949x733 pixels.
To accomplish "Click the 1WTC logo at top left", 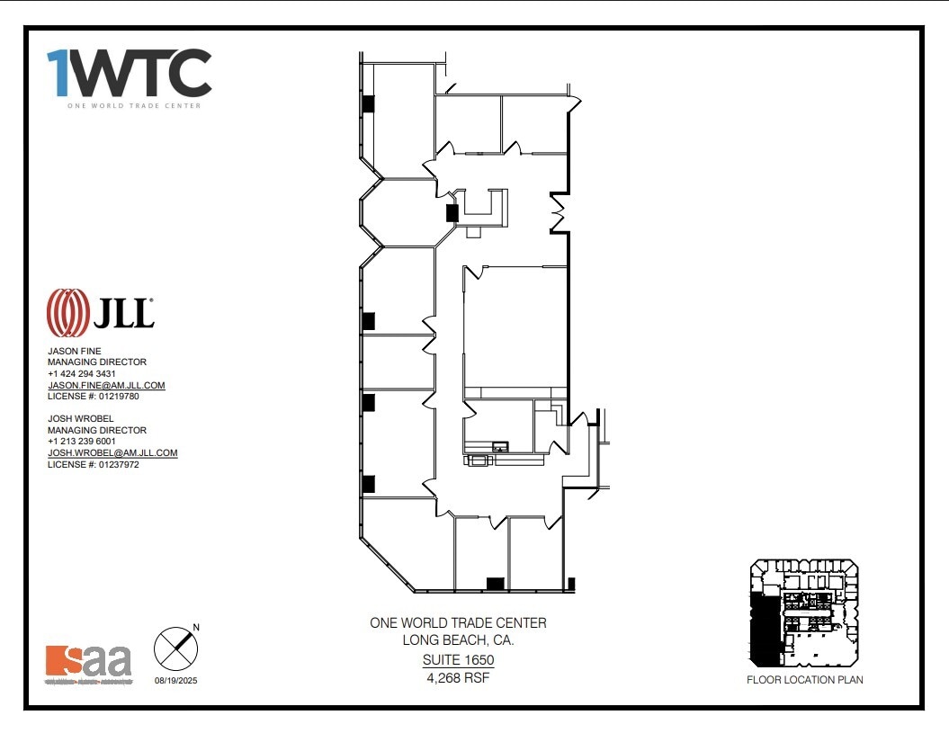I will (129, 74).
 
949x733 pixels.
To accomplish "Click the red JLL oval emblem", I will (67, 312).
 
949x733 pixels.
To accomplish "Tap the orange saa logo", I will (88, 662).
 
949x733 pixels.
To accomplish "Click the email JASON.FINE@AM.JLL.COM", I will (106, 385).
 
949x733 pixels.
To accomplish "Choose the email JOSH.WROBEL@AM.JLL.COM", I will (112, 453).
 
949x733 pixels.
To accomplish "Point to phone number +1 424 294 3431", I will (82, 373).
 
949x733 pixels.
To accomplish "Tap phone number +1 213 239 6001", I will (82, 442).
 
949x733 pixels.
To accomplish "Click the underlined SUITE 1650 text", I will (458, 660).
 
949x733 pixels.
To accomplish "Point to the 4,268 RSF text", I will (458, 678).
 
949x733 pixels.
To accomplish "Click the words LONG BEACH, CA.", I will (458, 640).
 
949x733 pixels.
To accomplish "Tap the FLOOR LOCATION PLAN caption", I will (804, 680).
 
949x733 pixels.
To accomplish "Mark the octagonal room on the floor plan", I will (398, 212).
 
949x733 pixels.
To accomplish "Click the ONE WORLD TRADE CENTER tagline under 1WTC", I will (133, 105).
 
